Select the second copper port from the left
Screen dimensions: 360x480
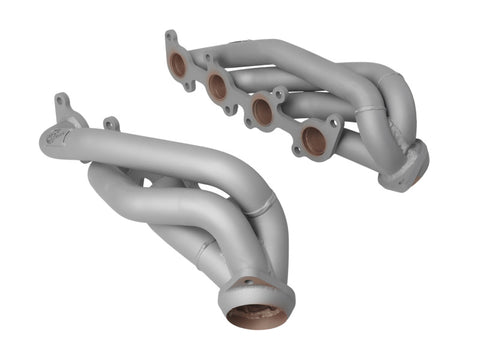217,87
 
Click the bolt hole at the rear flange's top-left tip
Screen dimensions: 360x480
169,37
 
